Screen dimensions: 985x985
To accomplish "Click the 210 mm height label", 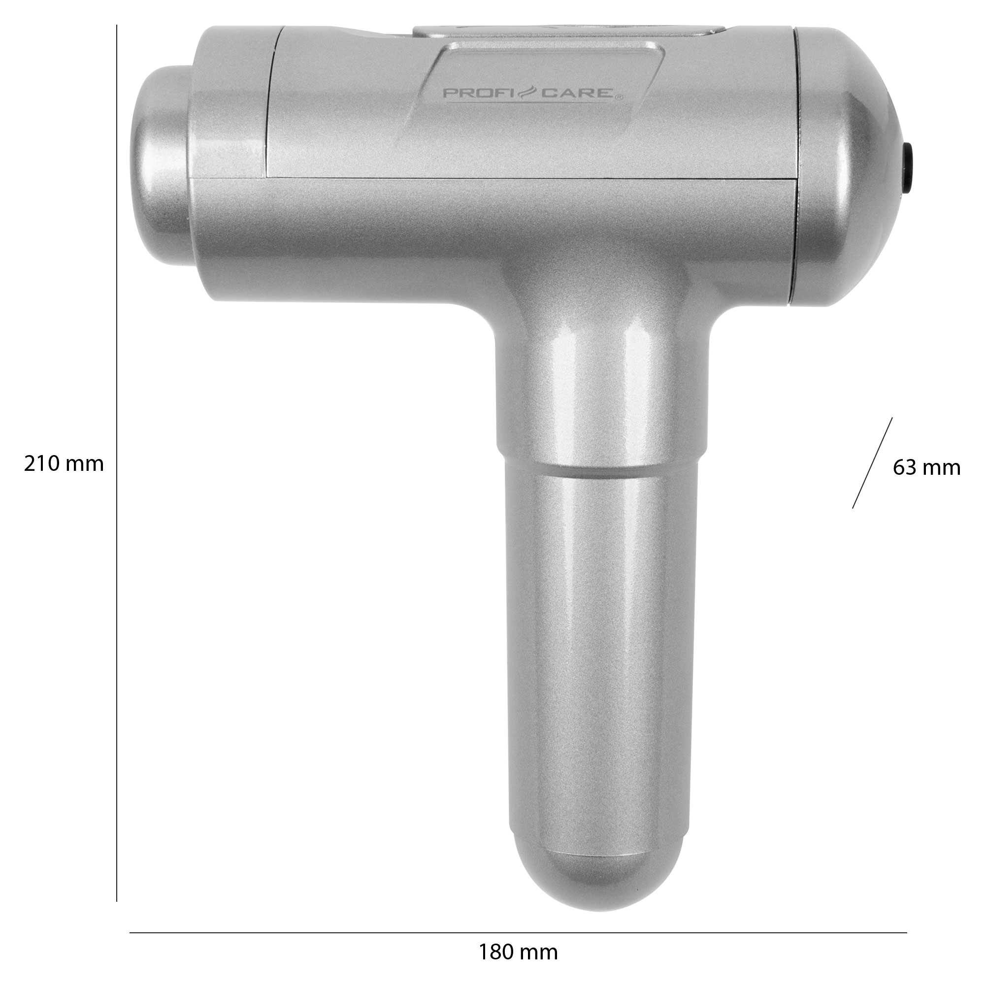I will click(x=64, y=464).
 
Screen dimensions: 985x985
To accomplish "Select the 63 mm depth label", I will click(x=926, y=467).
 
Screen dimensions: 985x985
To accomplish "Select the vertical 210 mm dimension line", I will click(x=117, y=459).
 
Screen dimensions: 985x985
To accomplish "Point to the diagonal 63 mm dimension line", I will click(x=872, y=462).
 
